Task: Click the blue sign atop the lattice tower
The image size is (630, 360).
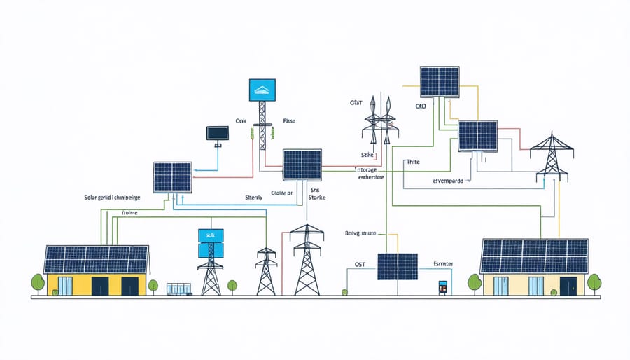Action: click(x=262, y=90)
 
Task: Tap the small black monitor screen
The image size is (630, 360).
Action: click(x=217, y=132)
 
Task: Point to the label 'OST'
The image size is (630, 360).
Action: click(x=356, y=265)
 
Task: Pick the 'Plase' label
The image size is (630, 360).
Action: click(x=288, y=121)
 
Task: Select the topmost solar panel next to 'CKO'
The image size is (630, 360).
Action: click(x=440, y=81)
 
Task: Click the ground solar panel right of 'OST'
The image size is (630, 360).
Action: click(x=398, y=266)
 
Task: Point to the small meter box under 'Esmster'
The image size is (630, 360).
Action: click(x=442, y=287)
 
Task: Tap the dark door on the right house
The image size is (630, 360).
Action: click(x=568, y=286)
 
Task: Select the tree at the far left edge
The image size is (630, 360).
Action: click(x=38, y=282)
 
